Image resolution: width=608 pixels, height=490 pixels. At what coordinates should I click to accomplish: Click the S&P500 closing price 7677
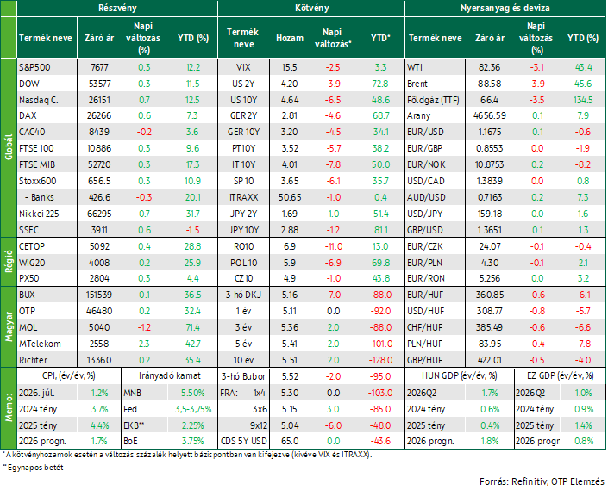pos(100,67)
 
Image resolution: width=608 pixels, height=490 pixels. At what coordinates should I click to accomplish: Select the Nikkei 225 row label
pos(39,214)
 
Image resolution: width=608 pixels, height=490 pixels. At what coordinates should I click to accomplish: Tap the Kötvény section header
pos(311,8)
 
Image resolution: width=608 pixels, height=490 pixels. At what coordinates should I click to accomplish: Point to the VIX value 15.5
pos(289,67)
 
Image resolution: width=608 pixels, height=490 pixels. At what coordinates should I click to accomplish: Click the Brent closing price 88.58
pos(489,84)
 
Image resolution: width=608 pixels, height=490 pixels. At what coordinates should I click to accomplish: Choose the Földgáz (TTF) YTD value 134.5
pos(583,100)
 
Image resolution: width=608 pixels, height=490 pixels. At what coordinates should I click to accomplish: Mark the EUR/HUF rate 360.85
pos(490,295)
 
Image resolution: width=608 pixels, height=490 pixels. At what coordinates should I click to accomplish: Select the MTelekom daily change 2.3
pos(144,344)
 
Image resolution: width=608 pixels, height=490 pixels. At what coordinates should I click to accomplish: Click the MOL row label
pos(28,327)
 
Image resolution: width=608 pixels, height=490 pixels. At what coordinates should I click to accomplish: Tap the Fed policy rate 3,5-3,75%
pos(192,409)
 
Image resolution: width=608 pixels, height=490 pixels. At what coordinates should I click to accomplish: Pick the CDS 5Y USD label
pos(243,441)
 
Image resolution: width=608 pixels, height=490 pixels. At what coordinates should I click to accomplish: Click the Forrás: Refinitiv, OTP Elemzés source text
pos(542,481)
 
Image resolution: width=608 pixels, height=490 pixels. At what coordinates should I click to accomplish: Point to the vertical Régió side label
pos(9,262)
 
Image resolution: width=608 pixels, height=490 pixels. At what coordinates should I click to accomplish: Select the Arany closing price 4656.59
pos(490,115)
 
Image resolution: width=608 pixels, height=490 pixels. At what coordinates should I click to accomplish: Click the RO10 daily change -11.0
pos(334,246)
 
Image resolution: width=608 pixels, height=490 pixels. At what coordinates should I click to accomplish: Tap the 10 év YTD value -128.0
pos(380,360)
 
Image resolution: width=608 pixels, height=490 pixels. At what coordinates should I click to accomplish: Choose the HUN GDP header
pos(460,375)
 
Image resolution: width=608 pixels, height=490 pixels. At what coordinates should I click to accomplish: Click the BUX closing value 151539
pos(99,295)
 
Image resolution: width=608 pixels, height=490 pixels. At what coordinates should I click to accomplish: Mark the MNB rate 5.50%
pos(192,393)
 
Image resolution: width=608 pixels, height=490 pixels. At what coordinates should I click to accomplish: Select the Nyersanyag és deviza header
pos(505,8)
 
